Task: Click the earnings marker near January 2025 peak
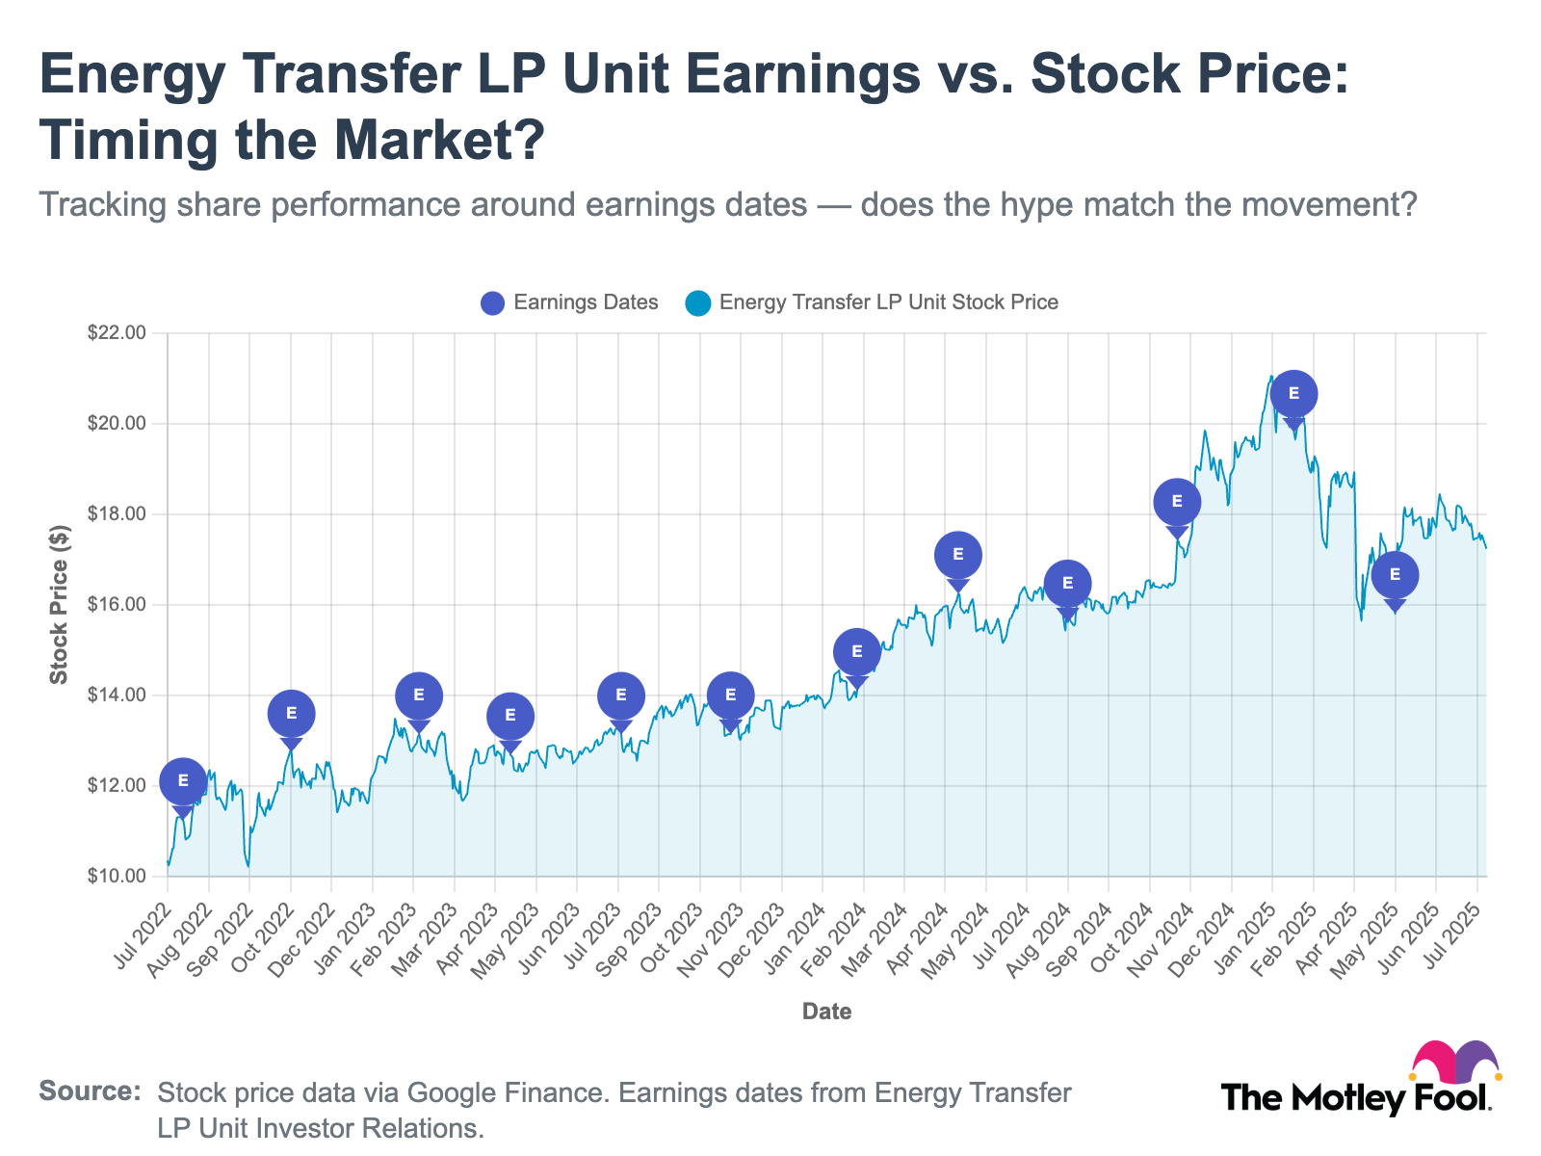pos(1293,394)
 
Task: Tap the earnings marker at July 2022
pos(183,781)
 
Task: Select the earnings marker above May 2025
pos(1395,575)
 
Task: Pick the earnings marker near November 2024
pos(1177,502)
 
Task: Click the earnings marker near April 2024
pos(957,555)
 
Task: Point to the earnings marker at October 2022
pos(291,714)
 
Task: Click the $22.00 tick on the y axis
pos(116,333)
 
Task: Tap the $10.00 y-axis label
pos(116,877)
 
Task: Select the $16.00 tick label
pos(116,605)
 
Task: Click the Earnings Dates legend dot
pos(492,303)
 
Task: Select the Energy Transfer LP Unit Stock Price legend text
pos(888,302)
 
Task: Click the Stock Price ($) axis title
pos(60,605)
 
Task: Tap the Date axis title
pos(826,1011)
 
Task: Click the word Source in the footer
pos(90,1091)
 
